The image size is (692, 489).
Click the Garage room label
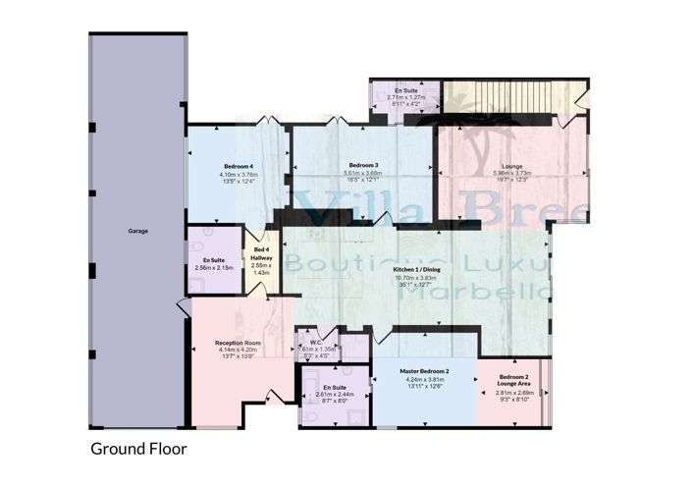137,233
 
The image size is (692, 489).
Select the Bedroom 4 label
239,165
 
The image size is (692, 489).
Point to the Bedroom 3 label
363,165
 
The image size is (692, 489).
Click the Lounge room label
511,166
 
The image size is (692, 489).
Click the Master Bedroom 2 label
424,371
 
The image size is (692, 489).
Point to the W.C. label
316,340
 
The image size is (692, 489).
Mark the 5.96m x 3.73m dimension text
511,175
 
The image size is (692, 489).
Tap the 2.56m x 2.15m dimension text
214,267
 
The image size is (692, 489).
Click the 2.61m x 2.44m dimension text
331,395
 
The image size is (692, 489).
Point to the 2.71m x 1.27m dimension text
405,97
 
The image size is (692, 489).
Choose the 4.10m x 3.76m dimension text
239,174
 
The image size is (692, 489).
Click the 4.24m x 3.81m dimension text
424,379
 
